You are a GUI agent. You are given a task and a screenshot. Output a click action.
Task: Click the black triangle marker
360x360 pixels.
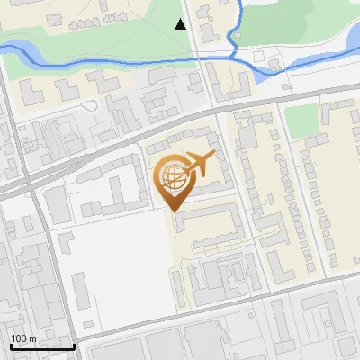[181, 24]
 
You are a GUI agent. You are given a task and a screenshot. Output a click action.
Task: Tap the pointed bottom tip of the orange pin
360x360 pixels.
[174, 211]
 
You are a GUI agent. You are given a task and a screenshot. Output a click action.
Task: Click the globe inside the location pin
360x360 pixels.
[172, 178]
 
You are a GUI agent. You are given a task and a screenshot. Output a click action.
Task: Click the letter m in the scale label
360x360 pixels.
[33, 338]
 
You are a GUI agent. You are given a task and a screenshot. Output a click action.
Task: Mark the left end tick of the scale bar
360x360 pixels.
[10, 346]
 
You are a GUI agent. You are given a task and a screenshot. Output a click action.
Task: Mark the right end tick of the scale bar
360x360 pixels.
[74, 346]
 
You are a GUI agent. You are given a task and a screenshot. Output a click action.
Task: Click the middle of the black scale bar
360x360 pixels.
[41, 347]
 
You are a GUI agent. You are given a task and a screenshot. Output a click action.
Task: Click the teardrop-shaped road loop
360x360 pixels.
[88, 104]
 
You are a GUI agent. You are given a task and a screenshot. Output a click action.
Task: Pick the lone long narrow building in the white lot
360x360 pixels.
[79, 290]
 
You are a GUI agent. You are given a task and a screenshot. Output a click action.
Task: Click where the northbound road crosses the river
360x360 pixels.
[206, 59]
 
